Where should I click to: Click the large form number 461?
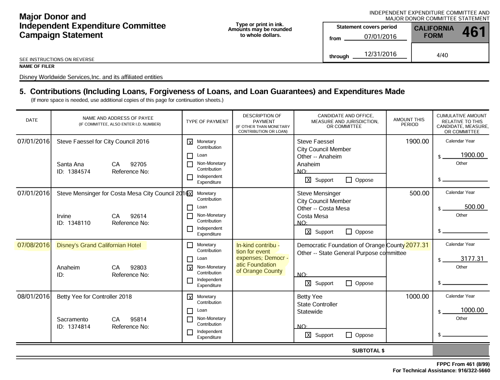(473, 32)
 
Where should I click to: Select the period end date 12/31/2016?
(380, 54)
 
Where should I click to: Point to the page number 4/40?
(442, 55)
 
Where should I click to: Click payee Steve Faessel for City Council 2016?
(103, 142)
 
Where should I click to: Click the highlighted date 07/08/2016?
(33, 245)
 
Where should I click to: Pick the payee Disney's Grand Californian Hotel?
(99, 245)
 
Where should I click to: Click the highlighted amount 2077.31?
(417, 245)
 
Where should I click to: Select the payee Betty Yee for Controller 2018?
(94, 297)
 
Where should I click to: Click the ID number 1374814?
(80, 327)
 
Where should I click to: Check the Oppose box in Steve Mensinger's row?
(349, 232)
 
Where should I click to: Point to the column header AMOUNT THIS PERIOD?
(408, 122)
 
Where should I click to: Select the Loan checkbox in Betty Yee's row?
(190, 310)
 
